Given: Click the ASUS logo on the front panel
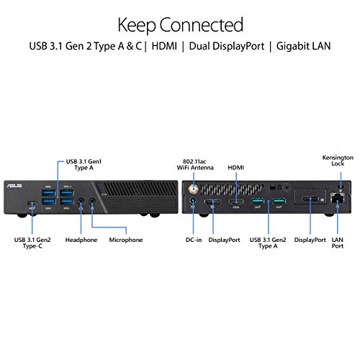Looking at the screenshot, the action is (14, 186).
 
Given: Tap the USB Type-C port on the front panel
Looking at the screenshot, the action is (32, 204).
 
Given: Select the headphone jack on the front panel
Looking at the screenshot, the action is (81, 201).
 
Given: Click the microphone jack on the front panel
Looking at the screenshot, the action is (92, 201).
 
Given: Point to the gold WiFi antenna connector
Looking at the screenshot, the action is (194, 189).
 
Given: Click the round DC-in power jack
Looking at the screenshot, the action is (193, 200).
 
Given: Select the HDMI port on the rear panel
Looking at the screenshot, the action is (236, 202).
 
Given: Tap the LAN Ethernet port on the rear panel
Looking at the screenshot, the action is (338, 198).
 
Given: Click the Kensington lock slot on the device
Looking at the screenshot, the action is (341, 186).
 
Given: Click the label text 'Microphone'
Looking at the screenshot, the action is (126, 240).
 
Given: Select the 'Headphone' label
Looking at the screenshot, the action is (81, 240).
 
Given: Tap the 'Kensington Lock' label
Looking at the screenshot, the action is (338, 161).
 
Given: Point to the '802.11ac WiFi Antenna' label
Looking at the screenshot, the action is (195, 164).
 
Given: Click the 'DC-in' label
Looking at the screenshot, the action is (194, 240).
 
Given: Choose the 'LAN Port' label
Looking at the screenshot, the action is (338, 243).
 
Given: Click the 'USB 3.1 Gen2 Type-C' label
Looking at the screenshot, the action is (32, 243).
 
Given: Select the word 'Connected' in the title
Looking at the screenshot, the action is (202, 25).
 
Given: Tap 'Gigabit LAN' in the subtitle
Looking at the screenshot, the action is (303, 46).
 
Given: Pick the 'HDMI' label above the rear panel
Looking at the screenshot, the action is (235, 168).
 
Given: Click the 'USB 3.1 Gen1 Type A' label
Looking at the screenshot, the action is (84, 164).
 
